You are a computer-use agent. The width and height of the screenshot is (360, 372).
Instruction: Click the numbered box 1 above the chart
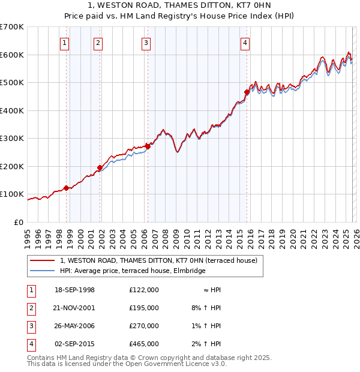[x=64, y=43]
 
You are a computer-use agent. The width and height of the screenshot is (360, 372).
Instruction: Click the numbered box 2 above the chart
[x=97, y=43]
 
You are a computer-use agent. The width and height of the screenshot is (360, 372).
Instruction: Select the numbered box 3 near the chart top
[x=146, y=43]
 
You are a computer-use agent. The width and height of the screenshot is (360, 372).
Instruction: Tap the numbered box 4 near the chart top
[x=245, y=43]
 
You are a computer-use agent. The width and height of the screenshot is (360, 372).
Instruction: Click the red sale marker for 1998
[x=67, y=188]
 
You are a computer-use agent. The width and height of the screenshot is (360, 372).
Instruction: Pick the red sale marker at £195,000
[x=100, y=167]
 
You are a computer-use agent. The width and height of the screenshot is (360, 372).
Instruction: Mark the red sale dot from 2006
[x=148, y=146]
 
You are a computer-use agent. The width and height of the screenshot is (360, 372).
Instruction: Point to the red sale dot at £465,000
[x=247, y=92]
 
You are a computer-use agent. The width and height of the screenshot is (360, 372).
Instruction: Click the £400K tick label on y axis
[x=12, y=110]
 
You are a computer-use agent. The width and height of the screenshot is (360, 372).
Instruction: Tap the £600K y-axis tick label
[x=12, y=55]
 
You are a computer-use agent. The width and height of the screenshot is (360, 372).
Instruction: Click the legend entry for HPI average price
[x=133, y=271]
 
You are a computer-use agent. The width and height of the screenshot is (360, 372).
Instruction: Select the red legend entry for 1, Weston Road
[x=158, y=260]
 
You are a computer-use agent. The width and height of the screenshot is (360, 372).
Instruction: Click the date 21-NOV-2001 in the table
[x=74, y=308]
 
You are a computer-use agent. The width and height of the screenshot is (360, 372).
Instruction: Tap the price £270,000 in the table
[x=143, y=326]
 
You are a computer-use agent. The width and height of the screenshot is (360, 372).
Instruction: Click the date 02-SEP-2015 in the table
[x=74, y=344]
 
